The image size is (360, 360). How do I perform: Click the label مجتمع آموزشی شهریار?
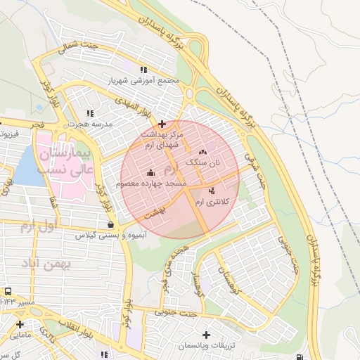[x=143, y=81]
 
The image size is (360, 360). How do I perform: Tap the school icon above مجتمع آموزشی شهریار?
[x=143, y=70]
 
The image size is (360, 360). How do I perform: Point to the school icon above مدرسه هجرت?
[x=89, y=113]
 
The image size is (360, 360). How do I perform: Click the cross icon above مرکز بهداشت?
[x=162, y=124]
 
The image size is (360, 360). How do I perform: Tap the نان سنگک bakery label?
[x=203, y=162]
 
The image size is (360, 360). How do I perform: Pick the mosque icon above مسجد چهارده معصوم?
[x=150, y=173]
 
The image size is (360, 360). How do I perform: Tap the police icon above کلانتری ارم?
[x=212, y=191]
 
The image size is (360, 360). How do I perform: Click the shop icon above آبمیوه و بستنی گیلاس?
[x=110, y=225]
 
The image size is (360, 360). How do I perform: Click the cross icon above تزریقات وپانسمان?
[x=205, y=335]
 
